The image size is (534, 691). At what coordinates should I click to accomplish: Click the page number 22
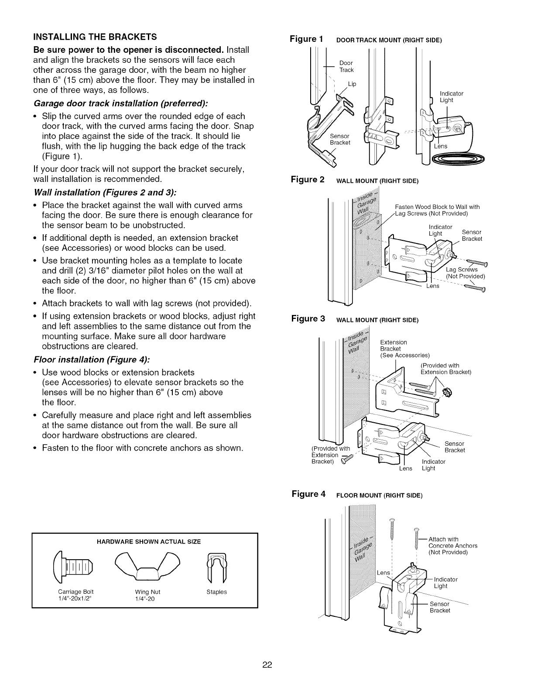[267, 665]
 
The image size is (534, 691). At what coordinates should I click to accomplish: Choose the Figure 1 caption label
[307, 39]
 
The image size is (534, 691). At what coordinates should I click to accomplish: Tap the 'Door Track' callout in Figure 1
[346, 66]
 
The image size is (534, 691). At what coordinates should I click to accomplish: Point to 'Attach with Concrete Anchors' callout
[453, 545]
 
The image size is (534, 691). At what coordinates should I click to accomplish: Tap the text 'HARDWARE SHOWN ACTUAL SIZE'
[145, 541]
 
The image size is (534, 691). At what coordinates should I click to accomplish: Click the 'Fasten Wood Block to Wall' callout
[437, 210]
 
